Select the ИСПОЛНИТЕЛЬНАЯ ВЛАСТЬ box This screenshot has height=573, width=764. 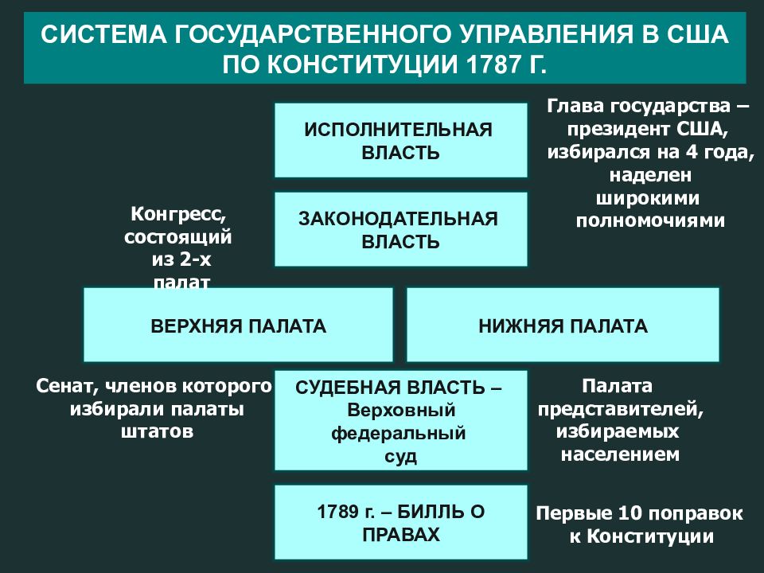click(x=400, y=140)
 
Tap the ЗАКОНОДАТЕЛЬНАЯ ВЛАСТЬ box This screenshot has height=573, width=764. click(x=400, y=229)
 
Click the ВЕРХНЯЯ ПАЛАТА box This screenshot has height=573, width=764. click(x=238, y=325)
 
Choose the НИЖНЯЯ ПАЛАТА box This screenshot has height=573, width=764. click(x=563, y=325)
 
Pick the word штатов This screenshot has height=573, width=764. click(x=157, y=431)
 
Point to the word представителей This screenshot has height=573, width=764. click(x=621, y=409)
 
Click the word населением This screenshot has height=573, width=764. click(x=620, y=454)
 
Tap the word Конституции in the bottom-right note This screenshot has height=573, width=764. click(x=650, y=536)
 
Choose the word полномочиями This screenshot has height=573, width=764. click(x=650, y=220)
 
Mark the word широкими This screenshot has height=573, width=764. click(x=648, y=198)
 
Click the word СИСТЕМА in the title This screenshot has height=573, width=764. click(x=103, y=35)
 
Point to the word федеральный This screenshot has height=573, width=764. click(x=399, y=434)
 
